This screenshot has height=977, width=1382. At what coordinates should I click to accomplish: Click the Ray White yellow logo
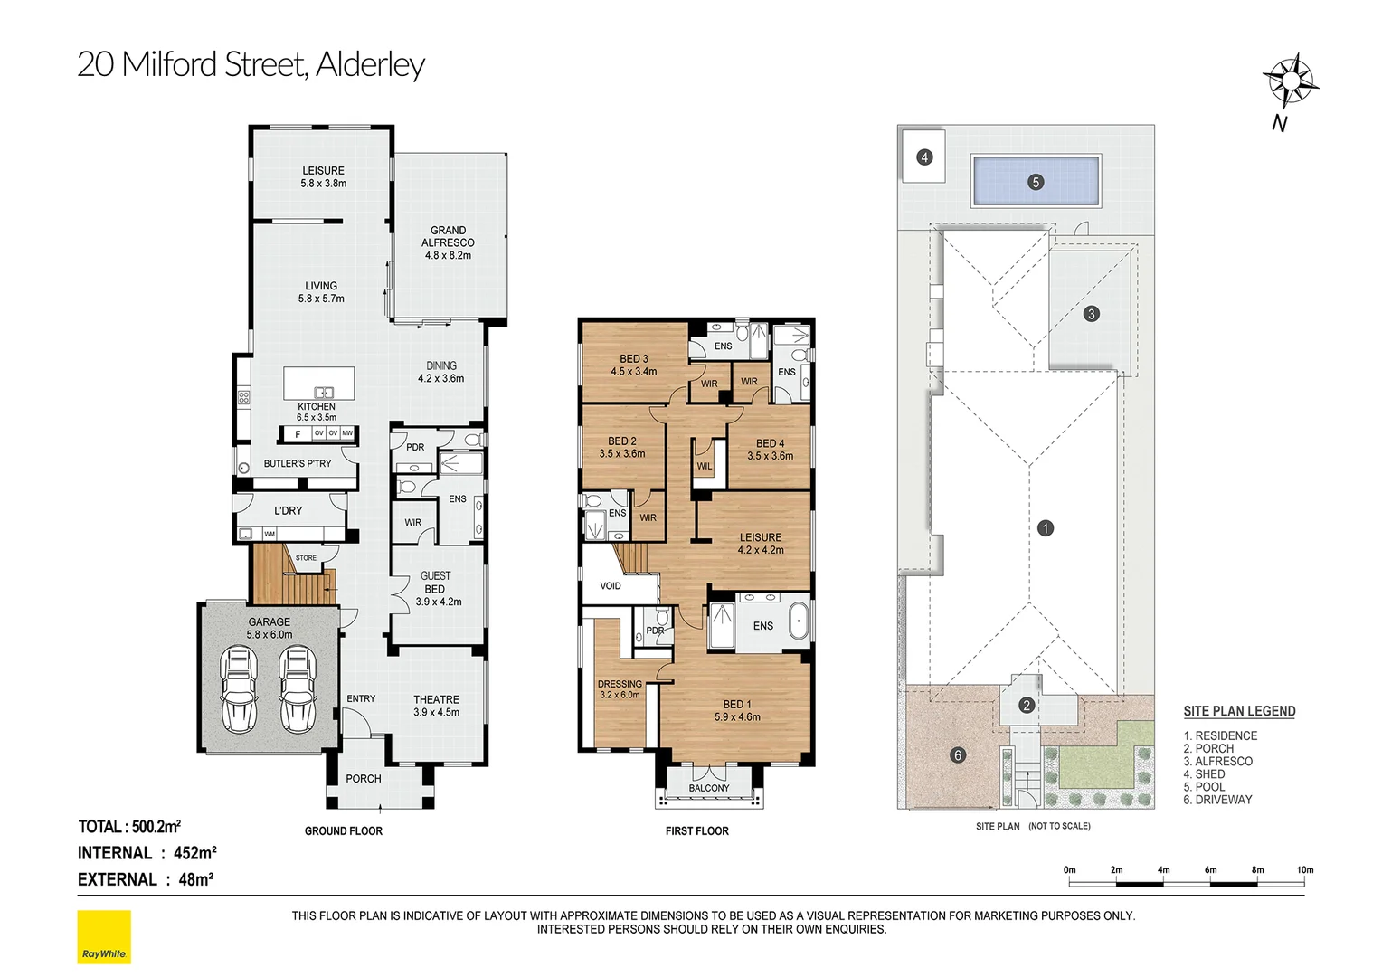click(104, 937)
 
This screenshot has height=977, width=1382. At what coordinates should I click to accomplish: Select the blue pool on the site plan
click(1036, 181)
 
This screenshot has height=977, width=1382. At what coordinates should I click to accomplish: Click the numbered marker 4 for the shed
click(923, 157)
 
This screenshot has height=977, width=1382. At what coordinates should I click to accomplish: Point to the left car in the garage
click(240, 688)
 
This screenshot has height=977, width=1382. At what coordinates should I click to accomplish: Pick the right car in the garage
click(298, 688)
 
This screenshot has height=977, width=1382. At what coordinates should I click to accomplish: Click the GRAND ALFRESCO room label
click(448, 242)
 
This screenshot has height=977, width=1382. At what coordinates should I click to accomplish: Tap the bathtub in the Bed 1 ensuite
click(798, 621)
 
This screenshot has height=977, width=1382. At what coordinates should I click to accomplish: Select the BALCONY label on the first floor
click(709, 788)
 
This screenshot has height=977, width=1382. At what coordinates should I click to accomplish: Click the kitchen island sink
click(324, 393)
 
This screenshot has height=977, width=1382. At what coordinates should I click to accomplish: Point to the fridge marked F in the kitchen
click(298, 434)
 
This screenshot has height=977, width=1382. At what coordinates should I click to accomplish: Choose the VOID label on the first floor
click(611, 585)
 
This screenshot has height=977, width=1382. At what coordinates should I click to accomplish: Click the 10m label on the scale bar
click(1305, 869)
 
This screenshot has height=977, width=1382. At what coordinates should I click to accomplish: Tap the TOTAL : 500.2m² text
click(129, 827)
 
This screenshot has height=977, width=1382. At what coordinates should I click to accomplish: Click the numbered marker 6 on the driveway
click(958, 754)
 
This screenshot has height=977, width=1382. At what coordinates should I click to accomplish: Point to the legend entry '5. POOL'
click(1204, 787)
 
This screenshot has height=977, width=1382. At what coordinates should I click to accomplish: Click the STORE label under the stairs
click(306, 558)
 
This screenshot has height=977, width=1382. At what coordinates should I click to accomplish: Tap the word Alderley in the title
click(370, 65)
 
